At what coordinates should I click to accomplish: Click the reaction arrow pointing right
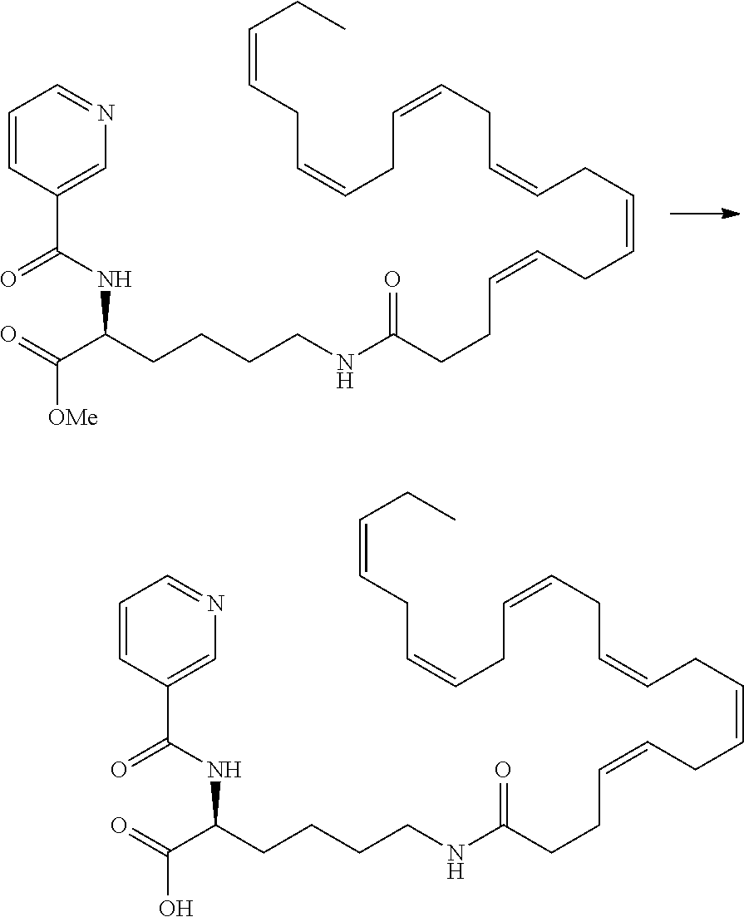click(x=704, y=214)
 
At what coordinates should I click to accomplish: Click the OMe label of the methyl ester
click(x=72, y=417)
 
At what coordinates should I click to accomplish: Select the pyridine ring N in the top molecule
click(x=105, y=113)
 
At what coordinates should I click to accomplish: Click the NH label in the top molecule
click(x=115, y=280)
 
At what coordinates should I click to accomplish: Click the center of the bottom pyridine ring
click(x=166, y=630)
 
